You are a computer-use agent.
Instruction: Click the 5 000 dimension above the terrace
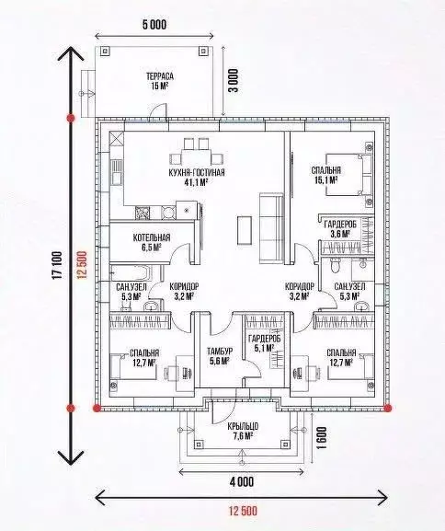coord(154,24)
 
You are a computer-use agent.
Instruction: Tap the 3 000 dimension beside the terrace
coord(234,81)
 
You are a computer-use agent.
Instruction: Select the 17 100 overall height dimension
coord(57,265)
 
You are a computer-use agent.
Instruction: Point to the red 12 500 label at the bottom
coord(243,511)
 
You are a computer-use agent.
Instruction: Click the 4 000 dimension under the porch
coord(241,481)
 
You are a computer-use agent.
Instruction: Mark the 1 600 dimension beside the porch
coord(322,437)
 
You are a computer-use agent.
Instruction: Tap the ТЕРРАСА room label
coord(160,76)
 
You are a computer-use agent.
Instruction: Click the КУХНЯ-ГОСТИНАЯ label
coord(196,173)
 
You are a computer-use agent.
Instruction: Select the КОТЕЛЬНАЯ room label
coord(152,237)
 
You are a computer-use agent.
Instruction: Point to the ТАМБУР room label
coord(220,352)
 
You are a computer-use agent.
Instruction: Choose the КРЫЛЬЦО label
coord(243,426)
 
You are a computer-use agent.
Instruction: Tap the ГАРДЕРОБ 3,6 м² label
coord(340,229)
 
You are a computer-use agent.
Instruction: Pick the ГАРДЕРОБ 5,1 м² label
coord(264,343)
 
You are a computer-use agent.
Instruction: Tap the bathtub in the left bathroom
coord(131,272)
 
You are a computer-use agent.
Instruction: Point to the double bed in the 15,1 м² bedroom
coord(348,175)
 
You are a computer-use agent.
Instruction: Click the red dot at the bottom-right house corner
coord(388,408)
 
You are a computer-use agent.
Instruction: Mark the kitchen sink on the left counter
coord(116,172)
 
